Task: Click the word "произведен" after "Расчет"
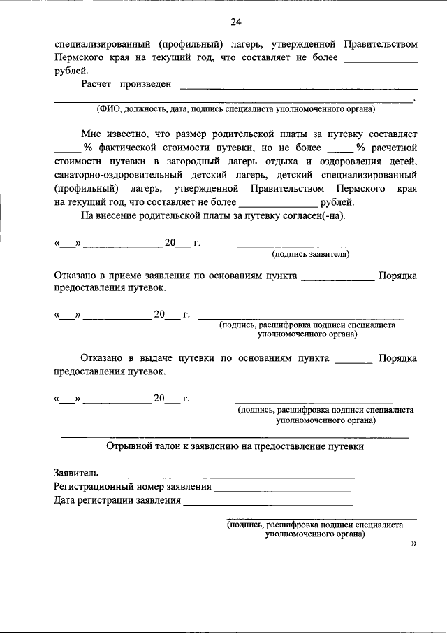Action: pyautogui.click(x=145, y=85)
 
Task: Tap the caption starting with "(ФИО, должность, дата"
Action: pyautogui.click(x=235, y=109)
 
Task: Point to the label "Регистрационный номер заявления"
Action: pyautogui.click(x=133, y=486)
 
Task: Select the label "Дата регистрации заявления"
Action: pyautogui.click(x=117, y=500)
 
